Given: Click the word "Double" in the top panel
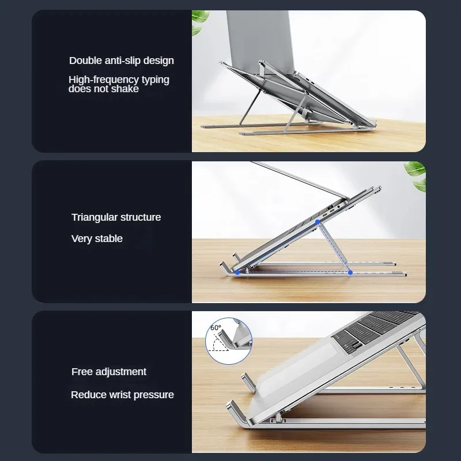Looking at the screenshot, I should [85, 61].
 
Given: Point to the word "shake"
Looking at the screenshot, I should [125, 89].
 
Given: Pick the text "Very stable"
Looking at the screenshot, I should [97, 239].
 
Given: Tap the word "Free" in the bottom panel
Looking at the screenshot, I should [82, 372].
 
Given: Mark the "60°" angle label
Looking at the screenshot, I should [216, 328].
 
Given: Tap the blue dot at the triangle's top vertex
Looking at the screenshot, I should [318, 221].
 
